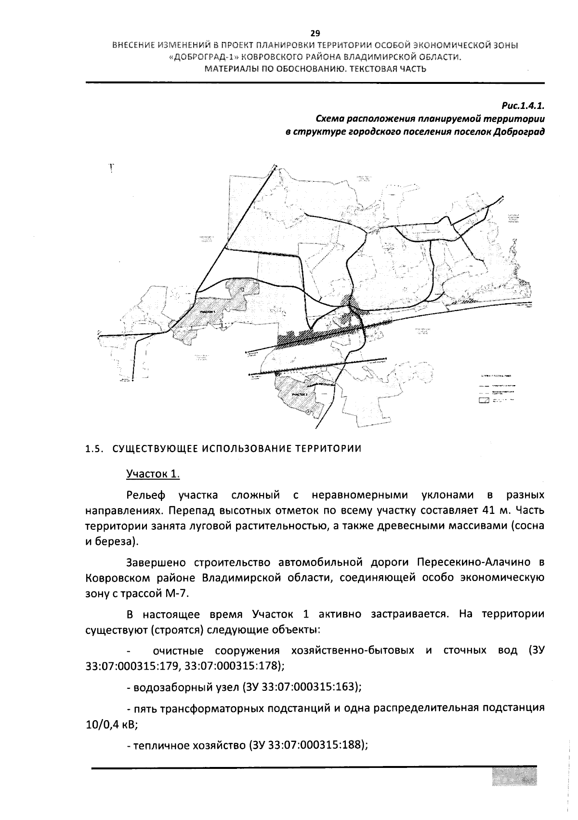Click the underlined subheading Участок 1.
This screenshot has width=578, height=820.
pyautogui.click(x=153, y=474)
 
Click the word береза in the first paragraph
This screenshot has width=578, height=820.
pyautogui.click(x=113, y=541)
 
